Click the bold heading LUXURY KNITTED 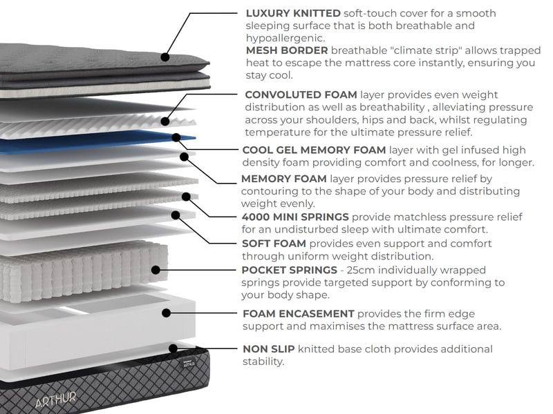(293, 13)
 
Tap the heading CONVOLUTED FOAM (301, 95)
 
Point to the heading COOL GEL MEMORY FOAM (314, 150)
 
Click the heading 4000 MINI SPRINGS (295, 217)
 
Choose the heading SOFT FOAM (274, 244)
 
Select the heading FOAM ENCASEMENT (298, 314)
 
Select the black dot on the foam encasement (166, 313)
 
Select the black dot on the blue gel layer (177, 138)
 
